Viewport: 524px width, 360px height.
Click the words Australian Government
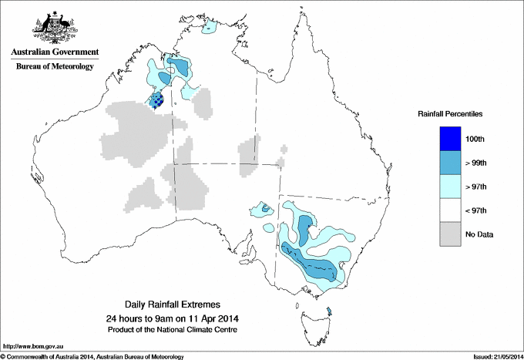[55, 52]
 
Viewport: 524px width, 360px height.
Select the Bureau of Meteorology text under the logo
[55, 67]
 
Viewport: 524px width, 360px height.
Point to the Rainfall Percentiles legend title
[450, 113]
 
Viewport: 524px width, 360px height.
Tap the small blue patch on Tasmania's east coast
[329, 311]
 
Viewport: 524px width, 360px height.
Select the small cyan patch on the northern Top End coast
[208, 31]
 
